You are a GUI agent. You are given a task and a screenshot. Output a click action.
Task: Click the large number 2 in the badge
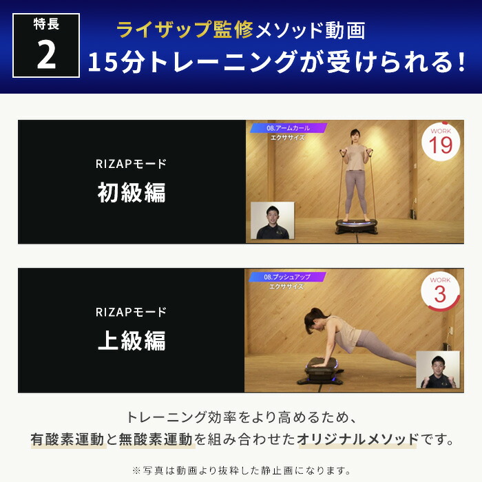[x=45, y=56]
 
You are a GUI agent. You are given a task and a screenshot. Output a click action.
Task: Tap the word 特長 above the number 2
[x=46, y=25]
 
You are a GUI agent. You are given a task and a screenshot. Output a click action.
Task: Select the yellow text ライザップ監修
[x=185, y=30]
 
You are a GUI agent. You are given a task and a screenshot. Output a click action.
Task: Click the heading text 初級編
[x=131, y=193]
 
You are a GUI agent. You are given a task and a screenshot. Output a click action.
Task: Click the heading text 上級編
[x=131, y=341]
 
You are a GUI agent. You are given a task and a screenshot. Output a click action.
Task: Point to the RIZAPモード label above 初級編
[x=131, y=164]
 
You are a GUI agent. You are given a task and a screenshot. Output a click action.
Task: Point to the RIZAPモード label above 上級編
[x=131, y=312]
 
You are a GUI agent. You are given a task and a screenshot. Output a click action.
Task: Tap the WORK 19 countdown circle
[x=440, y=143]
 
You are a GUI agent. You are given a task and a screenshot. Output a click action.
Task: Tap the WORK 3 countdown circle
[x=440, y=291]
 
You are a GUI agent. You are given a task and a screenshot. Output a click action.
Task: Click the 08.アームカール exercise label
[x=287, y=128]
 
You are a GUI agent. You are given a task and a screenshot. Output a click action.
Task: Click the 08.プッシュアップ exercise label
[x=287, y=277]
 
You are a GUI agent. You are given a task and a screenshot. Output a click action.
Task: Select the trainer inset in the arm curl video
[x=272, y=220]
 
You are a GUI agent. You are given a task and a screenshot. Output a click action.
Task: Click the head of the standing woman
[x=356, y=136]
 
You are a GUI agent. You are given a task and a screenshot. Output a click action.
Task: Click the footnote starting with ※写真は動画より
[x=241, y=470]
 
